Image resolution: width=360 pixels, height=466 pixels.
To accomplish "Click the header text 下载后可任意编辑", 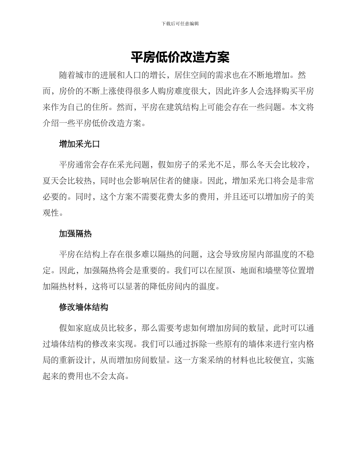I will click(x=180, y=23).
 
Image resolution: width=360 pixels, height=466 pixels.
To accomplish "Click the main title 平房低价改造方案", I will click(x=180, y=58).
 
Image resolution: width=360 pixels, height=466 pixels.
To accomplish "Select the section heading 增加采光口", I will click(x=79, y=144).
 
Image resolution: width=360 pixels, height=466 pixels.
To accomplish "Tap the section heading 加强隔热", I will click(x=75, y=234).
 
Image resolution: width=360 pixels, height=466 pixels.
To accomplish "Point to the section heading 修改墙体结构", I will click(x=83, y=307).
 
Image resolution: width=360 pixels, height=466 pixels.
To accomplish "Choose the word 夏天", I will click(x=51, y=181).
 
